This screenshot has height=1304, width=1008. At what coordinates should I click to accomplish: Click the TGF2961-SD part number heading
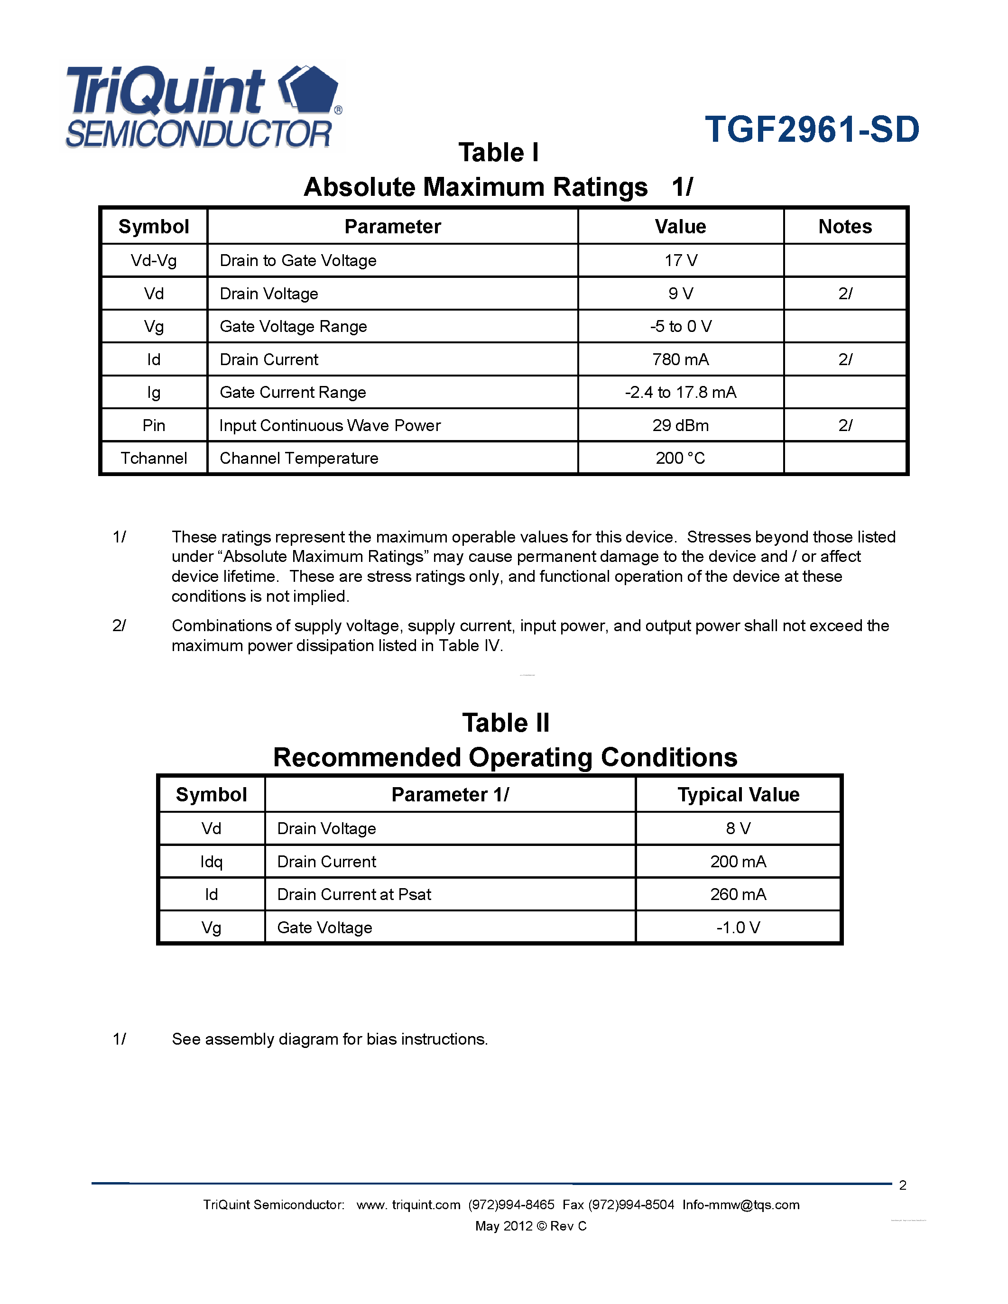point(812,129)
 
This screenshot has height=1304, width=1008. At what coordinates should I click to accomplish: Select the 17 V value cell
point(681,260)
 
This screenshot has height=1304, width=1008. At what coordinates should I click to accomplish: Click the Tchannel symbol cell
point(154,458)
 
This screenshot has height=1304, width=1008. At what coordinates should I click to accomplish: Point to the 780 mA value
point(680,359)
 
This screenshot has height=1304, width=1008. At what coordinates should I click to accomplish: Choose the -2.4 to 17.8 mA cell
point(680,392)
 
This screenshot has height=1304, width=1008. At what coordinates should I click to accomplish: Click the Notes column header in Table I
point(844,226)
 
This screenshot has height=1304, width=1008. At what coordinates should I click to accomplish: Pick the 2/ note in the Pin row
point(845,425)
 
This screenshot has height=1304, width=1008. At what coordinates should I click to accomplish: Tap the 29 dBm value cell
point(680,425)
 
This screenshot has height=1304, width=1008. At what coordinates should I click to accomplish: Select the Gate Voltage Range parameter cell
point(293,327)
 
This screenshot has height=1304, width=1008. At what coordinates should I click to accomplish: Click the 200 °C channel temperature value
point(680,458)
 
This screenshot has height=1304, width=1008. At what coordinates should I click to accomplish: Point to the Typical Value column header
point(738,795)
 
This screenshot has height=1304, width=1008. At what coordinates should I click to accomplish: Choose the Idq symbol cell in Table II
point(212,862)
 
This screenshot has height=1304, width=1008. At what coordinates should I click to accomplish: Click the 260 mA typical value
point(738,894)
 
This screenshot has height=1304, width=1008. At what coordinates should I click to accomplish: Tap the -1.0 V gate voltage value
point(738,927)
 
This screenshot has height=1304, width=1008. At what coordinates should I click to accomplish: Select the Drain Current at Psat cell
point(354,894)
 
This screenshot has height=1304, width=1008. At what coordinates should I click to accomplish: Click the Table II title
point(505,723)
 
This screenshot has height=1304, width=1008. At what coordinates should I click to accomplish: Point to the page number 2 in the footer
point(902,1185)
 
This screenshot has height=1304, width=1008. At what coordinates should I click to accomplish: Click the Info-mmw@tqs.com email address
point(740,1205)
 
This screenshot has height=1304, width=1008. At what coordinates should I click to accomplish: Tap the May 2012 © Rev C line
point(531,1226)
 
